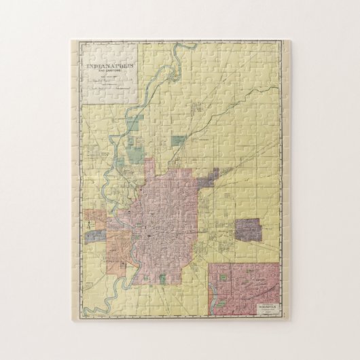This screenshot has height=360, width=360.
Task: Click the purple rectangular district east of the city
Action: tap(249, 230)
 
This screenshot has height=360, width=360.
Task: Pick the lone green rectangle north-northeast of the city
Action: tap(178, 141)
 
